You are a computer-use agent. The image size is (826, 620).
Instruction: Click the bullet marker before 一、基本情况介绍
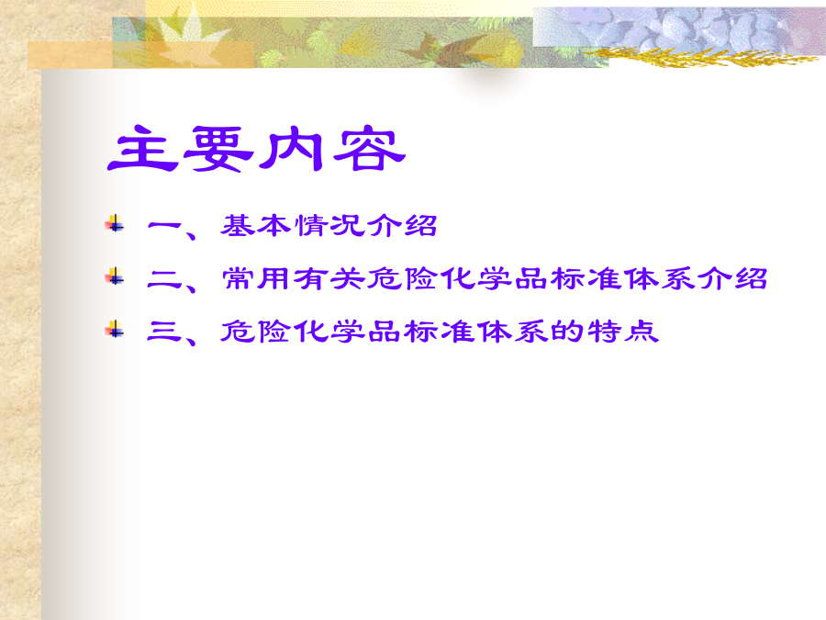[x=115, y=224]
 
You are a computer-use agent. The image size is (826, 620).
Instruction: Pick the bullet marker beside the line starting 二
[x=115, y=276]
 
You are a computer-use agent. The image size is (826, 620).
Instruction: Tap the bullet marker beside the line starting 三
[x=115, y=329]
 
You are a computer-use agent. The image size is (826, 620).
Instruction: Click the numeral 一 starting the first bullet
[x=164, y=226]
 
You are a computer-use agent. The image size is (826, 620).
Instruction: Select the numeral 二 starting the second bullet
[x=164, y=279]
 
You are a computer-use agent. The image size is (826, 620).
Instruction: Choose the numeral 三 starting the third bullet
[x=164, y=332]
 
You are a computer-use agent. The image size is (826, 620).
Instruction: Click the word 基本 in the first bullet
[x=255, y=226]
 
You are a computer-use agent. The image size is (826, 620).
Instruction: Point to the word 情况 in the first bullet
[x=329, y=226]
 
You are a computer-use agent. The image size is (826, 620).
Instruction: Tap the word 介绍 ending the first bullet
[x=402, y=226]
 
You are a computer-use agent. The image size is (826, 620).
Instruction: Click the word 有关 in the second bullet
[x=329, y=278]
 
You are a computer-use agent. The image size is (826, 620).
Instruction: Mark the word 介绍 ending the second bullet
[x=732, y=278]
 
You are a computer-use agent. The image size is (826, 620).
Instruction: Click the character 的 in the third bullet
[x=567, y=331]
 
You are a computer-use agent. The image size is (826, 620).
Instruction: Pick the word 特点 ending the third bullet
[x=622, y=331]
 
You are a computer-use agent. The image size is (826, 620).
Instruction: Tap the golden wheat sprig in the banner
[x=700, y=56]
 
